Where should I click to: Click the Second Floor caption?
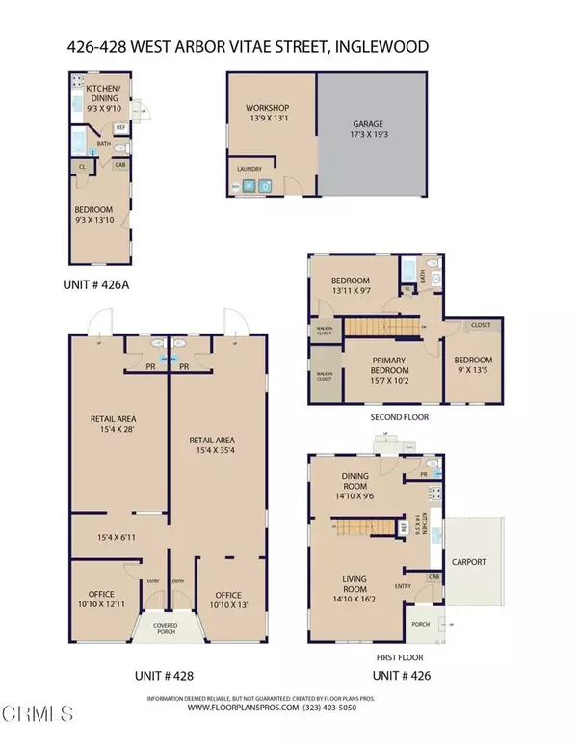pyautogui.click(x=399, y=417)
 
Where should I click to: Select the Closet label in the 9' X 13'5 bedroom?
pyautogui.click(x=480, y=326)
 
